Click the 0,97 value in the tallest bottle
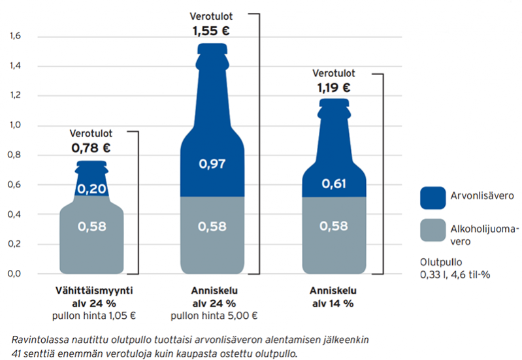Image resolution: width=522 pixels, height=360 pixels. coord(212,164)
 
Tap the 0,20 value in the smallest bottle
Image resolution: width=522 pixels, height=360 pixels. coord(91,189)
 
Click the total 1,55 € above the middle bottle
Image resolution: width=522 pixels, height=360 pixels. coord(211,30)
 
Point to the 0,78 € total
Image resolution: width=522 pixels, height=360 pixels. coord(91,148)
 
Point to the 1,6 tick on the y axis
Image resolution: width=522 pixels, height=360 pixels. coord(16,36)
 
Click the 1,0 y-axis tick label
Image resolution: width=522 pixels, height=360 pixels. coord(16,125)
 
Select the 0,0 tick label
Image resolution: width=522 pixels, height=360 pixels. coord(16,273)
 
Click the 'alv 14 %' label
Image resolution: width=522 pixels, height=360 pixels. coord(334,304)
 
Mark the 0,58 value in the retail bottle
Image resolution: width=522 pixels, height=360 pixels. coord(91,227)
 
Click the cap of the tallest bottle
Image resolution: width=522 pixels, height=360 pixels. coord(212,48)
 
